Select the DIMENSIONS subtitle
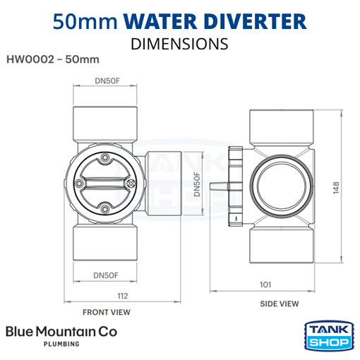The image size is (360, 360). (x=180, y=43)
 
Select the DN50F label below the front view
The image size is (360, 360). (x=105, y=275)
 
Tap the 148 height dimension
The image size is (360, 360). (x=338, y=187)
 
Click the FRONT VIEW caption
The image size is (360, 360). (x=106, y=311)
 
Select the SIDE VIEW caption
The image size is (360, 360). (x=278, y=304)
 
